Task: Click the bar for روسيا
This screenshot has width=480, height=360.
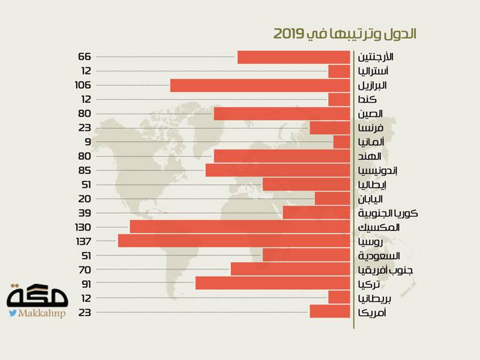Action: click(234, 241)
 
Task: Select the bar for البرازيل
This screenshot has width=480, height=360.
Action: click(260, 85)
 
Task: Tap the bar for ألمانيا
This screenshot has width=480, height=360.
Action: click(341, 142)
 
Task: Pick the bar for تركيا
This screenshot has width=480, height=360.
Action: click(272, 283)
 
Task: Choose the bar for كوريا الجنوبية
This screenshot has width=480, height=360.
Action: click(316, 213)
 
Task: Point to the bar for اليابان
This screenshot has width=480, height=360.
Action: click(332, 199)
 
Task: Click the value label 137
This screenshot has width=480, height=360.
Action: click(83, 241)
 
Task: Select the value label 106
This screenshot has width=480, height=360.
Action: click(83, 85)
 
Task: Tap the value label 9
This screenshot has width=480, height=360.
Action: click(88, 142)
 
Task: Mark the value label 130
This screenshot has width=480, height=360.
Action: click(83, 227)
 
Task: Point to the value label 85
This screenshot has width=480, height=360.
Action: click(85, 170)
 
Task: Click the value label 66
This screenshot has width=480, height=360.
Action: click(85, 57)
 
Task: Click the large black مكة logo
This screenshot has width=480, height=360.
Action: click(38, 296)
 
